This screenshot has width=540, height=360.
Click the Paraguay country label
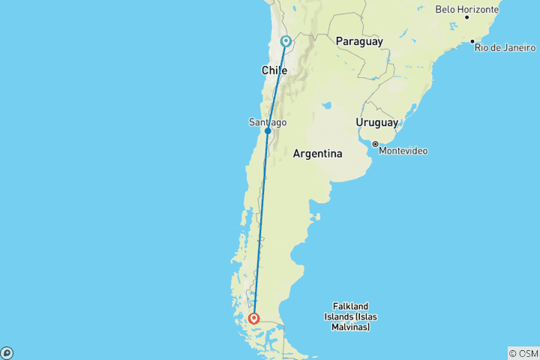(x=360, y=41)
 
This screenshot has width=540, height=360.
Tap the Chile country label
(x=274, y=70)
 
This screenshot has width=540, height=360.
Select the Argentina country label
(x=317, y=154)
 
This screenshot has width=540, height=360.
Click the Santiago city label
(x=267, y=121)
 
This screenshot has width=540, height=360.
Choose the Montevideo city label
(x=403, y=151)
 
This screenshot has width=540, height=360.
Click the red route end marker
(x=254, y=319)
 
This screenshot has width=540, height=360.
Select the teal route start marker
(x=286, y=41)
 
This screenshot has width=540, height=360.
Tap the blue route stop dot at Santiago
(x=268, y=131)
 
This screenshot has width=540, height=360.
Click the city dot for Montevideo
(x=374, y=143)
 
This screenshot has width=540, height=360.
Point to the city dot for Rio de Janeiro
(x=472, y=41)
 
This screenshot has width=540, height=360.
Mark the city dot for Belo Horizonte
(x=466, y=16)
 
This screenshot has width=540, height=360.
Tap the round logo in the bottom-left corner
(x=6, y=353)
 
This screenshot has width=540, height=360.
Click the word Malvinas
(x=352, y=327)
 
